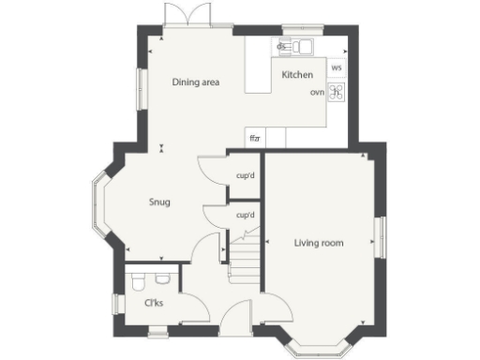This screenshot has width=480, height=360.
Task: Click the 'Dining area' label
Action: (195, 82)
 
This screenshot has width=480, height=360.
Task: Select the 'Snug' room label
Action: (159, 202)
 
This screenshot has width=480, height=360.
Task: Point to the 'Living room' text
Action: (318, 243)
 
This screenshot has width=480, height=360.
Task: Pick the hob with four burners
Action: (336, 92)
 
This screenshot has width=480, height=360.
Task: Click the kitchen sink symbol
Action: (303, 47)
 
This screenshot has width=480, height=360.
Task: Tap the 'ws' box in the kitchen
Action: (336, 68)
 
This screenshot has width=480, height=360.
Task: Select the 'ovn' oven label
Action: (317, 92)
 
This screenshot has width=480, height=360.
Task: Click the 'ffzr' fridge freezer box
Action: (254, 139)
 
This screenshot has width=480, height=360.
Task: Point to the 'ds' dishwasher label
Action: (280, 45)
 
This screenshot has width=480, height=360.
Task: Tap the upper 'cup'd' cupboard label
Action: (245, 174)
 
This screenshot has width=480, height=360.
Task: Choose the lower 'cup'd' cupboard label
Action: (245, 215)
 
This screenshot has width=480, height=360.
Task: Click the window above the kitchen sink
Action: (302, 28)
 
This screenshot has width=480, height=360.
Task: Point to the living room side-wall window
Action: (382, 236)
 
